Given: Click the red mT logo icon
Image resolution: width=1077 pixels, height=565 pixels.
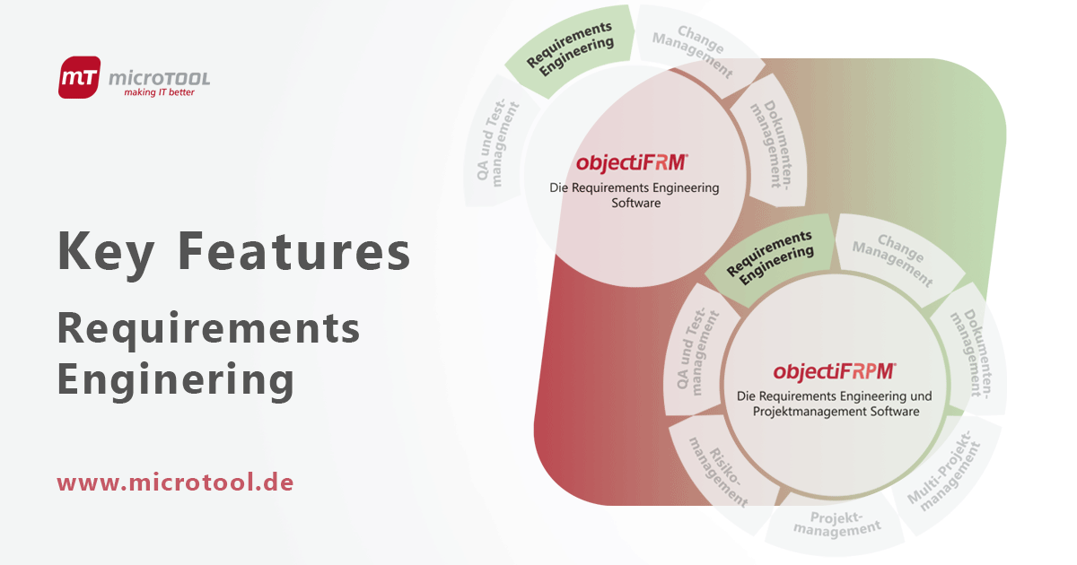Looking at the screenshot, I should click(x=79, y=77).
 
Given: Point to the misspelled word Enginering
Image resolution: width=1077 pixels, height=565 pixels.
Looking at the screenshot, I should click(x=175, y=378).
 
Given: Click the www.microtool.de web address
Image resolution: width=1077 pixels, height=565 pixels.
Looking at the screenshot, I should click(x=175, y=482).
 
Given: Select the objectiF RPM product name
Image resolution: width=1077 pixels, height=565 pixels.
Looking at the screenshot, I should click(x=835, y=370).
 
